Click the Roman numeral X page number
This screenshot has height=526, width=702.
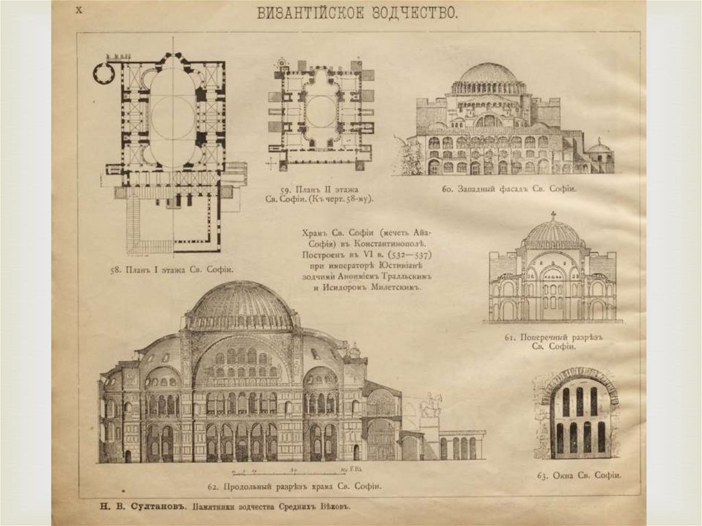click(x=78, y=10)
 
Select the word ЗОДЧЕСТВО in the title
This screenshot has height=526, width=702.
click(x=407, y=13)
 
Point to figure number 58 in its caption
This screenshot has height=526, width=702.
click(x=115, y=270)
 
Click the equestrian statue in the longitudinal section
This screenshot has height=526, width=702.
click(x=431, y=405)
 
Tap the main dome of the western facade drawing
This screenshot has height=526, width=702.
click(x=488, y=73)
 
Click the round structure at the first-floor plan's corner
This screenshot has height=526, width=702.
click(x=104, y=72)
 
